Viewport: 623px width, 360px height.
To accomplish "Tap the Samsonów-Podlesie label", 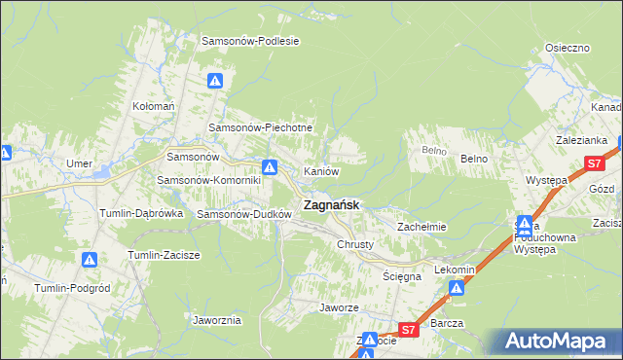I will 249,41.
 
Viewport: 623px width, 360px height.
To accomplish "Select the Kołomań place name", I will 153,106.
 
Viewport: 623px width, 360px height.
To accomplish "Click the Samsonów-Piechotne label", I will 260,128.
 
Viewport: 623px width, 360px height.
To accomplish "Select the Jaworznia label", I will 217,320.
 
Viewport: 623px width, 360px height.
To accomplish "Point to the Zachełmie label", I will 421,227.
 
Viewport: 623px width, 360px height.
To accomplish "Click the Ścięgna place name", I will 402,276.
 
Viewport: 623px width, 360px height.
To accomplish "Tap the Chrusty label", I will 355,244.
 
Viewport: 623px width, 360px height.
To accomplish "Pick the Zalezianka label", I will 582,140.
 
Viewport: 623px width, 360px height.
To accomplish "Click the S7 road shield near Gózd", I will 593,164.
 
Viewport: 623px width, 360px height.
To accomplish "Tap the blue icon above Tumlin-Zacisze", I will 90,260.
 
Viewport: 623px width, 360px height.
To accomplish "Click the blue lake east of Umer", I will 103,172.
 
